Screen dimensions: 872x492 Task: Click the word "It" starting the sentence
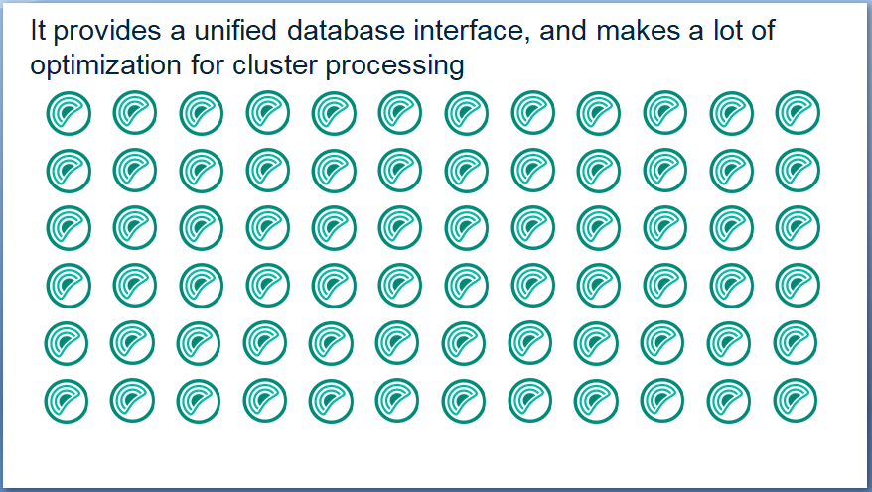click(37, 30)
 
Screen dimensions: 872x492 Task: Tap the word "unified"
click(234, 30)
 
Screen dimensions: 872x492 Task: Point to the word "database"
click(346, 30)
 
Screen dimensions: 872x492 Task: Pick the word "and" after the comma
click(563, 30)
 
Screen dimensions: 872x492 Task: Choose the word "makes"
click(639, 30)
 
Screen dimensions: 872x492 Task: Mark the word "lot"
click(727, 30)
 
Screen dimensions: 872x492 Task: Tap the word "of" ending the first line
click(762, 30)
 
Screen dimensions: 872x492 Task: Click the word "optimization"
click(105, 66)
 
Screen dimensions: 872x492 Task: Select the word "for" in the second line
click(207, 64)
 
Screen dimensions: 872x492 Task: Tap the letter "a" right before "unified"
click(178, 33)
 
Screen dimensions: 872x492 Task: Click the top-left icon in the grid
click(69, 113)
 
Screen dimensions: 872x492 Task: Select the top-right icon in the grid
click(798, 113)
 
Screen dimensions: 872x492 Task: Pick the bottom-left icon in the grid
click(67, 401)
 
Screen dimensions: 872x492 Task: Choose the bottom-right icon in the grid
click(796, 400)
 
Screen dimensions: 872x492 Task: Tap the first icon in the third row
click(69, 228)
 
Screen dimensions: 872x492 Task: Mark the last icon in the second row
click(798, 170)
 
